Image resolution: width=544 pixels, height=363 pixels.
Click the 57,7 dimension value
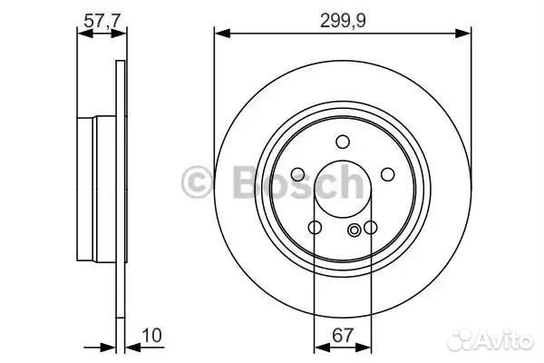pyautogui.click(x=102, y=21)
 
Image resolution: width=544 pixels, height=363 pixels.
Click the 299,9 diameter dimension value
pyautogui.click(x=343, y=21)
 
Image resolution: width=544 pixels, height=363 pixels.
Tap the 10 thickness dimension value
pyautogui.click(x=152, y=336)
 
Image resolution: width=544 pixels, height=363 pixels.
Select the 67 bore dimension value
pyautogui.click(x=343, y=336)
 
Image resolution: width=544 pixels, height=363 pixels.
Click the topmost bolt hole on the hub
pyautogui.click(x=343, y=142)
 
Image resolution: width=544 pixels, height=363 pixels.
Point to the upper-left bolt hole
pyautogui.click(x=298, y=174)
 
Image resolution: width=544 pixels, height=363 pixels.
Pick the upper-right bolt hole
pyautogui.click(x=387, y=174)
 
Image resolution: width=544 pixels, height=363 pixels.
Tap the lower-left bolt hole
pyautogui.click(x=315, y=227)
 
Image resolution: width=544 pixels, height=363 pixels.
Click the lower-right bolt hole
pyautogui.click(x=371, y=227)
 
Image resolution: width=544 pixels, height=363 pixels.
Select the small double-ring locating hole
pyautogui.click(x=355, y=230)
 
